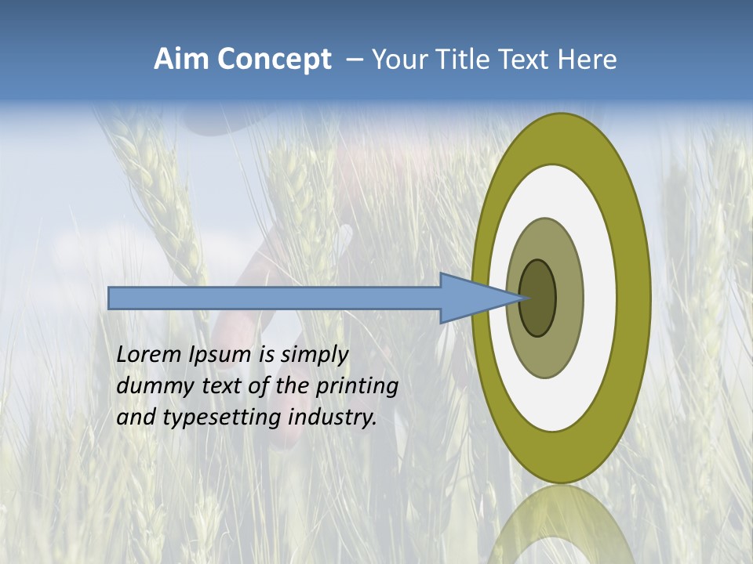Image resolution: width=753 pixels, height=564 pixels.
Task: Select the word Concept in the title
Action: (x=275, y=60)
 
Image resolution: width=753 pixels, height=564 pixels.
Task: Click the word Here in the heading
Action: (x=587, y=60)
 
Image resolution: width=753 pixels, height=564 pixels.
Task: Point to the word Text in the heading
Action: (x=526, y=60)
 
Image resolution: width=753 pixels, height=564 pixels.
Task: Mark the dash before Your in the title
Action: (x=355, y=60)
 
